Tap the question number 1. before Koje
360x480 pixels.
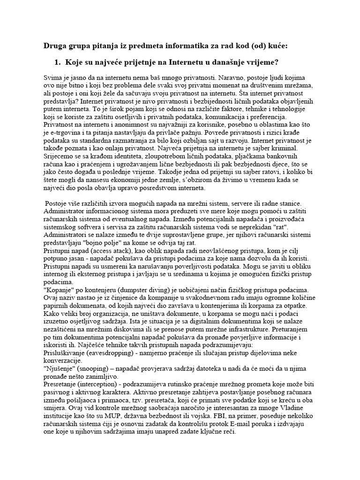pos(60,62)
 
